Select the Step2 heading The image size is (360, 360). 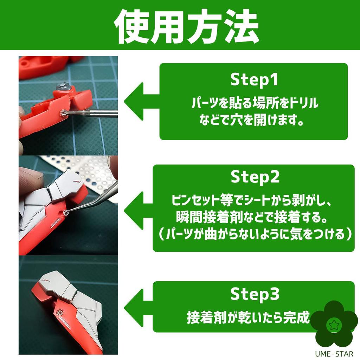click(x=255, y=177)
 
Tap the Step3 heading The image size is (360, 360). click(x=255, y=294)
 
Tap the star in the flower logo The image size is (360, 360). click(x=332, y=324)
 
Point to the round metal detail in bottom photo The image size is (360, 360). click(x=59, y=313)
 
